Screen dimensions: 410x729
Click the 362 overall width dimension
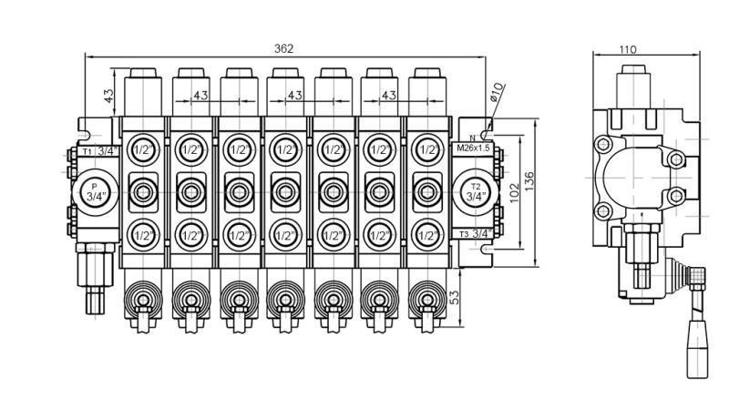coord(284,48)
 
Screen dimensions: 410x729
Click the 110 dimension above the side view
coord(627,49)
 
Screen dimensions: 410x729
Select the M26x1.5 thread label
coord(472,148)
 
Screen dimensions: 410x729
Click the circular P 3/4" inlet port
coord(94,191)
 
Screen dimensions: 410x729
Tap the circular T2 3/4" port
coord(475,191)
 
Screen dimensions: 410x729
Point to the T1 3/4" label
coord(99,150)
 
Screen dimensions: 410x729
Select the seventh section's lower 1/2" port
coord(426,235)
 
